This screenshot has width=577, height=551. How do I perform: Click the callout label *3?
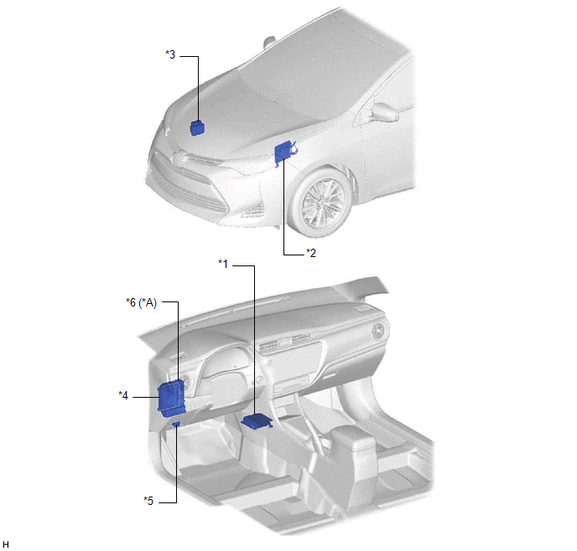coord(170,54)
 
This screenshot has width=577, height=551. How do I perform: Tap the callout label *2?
coord(311,253)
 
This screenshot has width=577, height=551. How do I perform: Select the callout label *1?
coord(223,264)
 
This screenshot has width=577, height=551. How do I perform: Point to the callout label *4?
coord(123,395)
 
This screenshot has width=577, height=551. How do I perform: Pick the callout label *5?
coord(148,501)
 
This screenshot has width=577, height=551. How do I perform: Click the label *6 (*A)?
coord(141,302)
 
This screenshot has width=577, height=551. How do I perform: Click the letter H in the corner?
coord(6,544)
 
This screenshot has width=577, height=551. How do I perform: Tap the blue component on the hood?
coord(198,128)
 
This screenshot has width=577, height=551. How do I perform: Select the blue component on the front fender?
coord(285,152)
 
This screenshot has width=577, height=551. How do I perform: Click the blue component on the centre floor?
coord(257,421)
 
